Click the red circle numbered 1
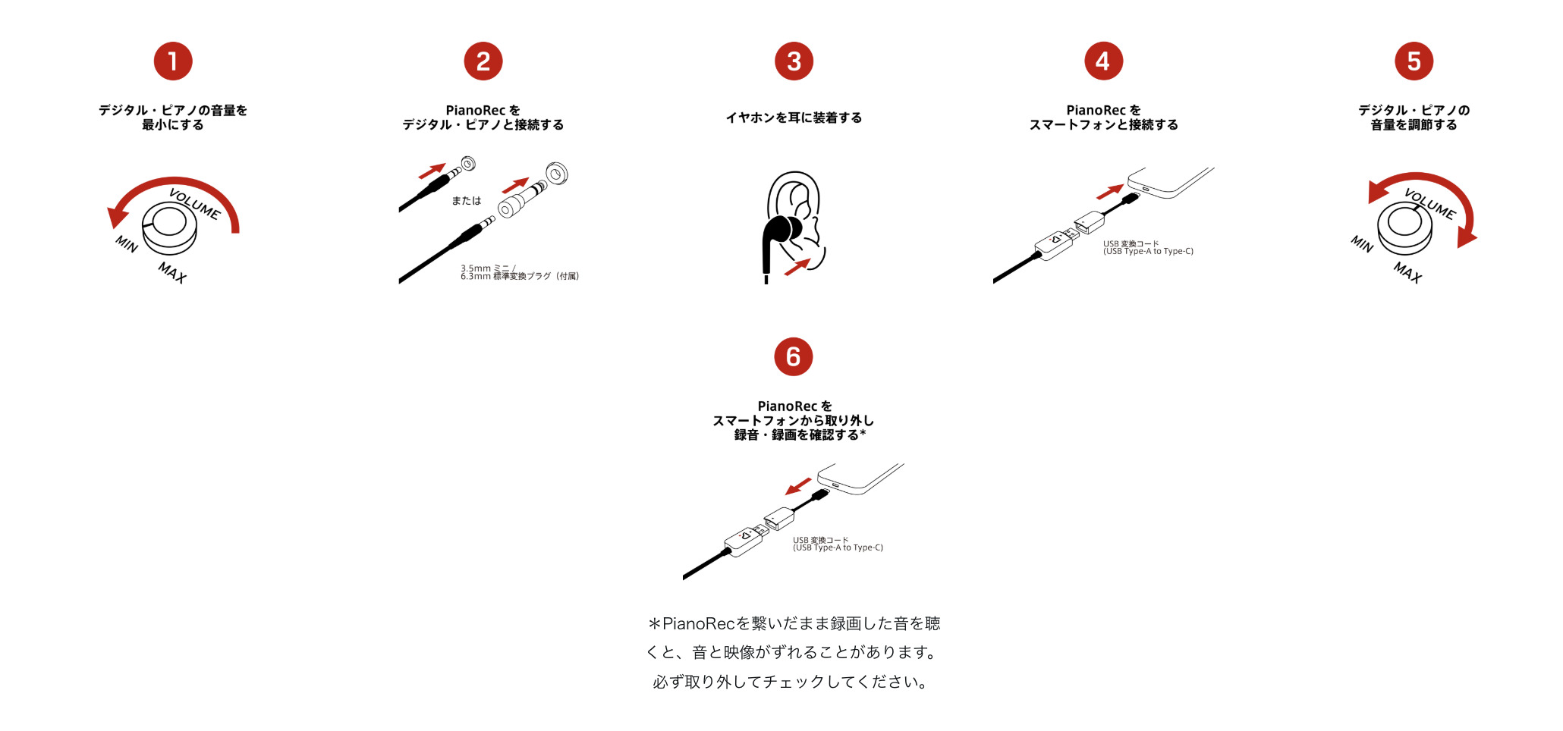pyautogui.click(x=173, y=61)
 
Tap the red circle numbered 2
pyautogui.click(x=483, y=61)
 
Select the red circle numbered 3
pyautogui.click(x=794, y=61)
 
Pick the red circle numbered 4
pyautogui.click(x=1103, y=61)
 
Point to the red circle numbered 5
pyautogui.click(x=1414, y=61)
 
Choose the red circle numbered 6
pyautogui.click(x=794, y=356)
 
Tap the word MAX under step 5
pyautogui.click(x=1407, y=271)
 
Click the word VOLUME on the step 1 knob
pyautogui.click(x=195, y=204)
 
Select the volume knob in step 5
pyautogui.click(x=1405, y=228)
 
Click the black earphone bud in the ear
pyautogui.click(x=783, y=230)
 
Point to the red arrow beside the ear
pyautogui.click(x=797, y=267)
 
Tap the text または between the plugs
pyautogui.click(x=467, y=200)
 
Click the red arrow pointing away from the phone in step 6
pyautogui.click(x=798, y=485)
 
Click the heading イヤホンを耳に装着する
pyautogui.click(x=794, y=118)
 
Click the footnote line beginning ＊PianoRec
pyautogui.click(x=794, y=623)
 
